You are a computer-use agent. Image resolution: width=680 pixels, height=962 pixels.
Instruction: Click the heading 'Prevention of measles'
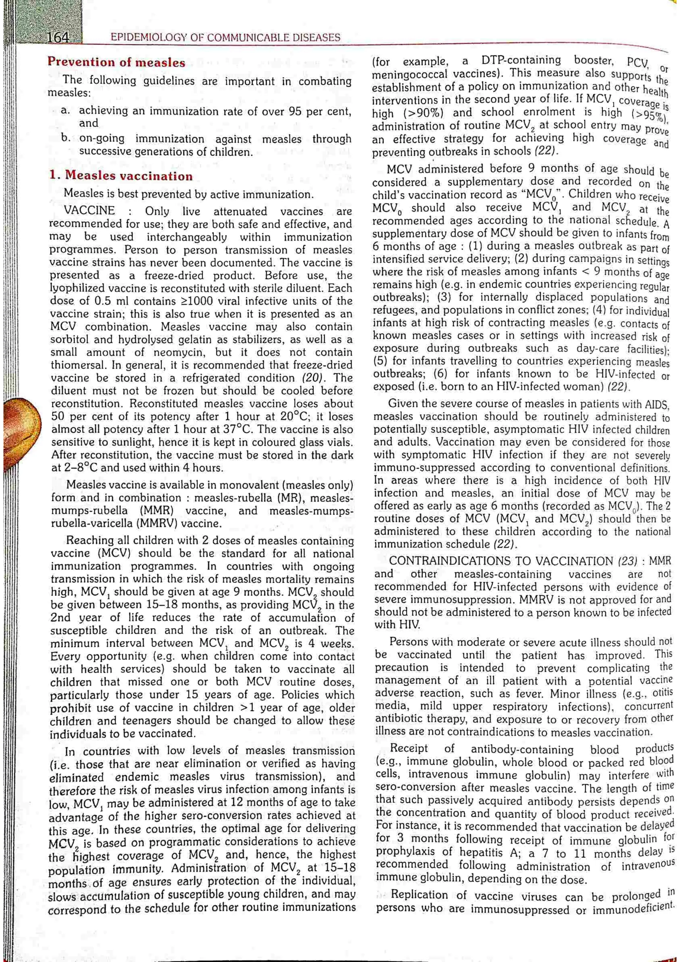pos(116,63)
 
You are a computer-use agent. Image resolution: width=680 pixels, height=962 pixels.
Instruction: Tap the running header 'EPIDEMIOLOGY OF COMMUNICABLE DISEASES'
pos(225,38)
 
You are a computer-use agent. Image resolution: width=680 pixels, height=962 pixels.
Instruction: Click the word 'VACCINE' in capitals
pos(89,211)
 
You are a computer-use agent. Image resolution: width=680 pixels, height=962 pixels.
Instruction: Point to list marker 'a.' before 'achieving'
pos(65,111)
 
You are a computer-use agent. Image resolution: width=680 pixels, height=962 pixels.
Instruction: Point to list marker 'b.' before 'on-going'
pos(65,138)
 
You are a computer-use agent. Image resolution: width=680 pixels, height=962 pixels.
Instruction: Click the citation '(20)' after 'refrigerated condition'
pos(313,378)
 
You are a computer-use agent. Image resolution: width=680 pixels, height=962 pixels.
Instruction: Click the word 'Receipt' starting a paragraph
pos(409,749)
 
